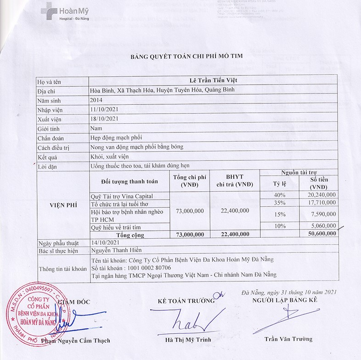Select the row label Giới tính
point(50,129)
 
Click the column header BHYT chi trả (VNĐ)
point(235,181)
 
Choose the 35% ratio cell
point(280,202)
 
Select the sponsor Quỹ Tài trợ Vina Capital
point(122,196)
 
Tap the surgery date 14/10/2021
point(105,242)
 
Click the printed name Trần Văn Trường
point(288,339)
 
